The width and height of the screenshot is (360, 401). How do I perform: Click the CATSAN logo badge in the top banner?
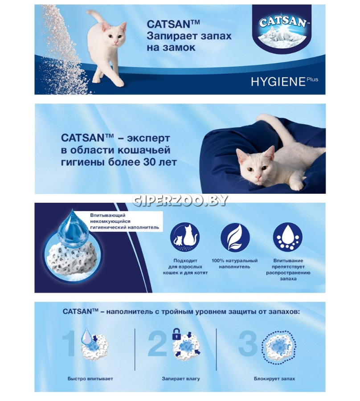(282, 29)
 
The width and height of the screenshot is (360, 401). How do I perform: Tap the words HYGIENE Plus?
(285, 82)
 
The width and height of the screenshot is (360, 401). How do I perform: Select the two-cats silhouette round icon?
(185, 237)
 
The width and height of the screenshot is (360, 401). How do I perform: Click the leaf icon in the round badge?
(235, 237)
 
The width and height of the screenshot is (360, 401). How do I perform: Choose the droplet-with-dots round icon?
(288, 237)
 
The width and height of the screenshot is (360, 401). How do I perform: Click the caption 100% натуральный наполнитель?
(234, 264)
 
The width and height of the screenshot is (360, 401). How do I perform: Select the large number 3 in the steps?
(248, 343)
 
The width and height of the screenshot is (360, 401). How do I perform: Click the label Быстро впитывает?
(90, 379)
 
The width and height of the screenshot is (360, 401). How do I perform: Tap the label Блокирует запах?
(274, 379)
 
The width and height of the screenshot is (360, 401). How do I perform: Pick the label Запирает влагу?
(181, 379)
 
